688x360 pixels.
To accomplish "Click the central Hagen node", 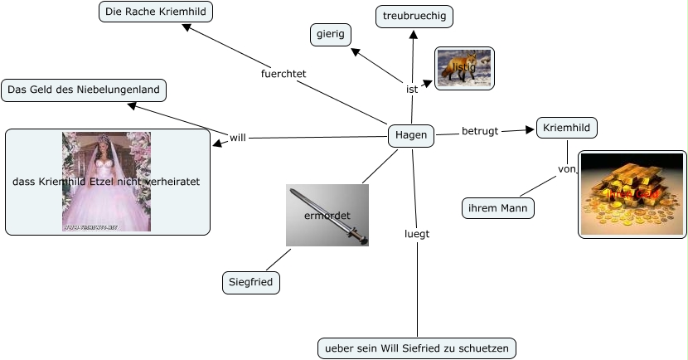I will (411, 135).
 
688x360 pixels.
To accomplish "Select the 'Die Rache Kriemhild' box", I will (156, 12).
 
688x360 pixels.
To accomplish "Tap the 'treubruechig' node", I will (414, 16).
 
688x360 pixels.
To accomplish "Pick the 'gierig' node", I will (330, 35).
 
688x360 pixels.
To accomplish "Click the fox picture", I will (464, 67).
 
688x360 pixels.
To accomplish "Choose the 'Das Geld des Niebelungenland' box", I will (84, 90).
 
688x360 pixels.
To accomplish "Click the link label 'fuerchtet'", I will (283, 73).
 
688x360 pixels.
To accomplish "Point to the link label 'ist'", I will (412, 89).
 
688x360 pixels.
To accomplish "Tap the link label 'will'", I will (238, 137).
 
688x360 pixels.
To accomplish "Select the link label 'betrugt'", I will (480, 131).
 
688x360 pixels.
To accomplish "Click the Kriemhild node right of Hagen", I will (567, 128).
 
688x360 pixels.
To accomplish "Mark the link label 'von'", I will (567, 168).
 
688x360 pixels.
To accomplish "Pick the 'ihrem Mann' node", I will (497, 207).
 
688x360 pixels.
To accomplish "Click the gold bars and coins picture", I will (632, 194).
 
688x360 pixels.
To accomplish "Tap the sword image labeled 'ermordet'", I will (327, 215).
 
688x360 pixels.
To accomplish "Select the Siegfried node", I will (251, 282).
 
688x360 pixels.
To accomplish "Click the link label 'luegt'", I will (416, 233).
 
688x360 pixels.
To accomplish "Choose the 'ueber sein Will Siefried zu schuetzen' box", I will (416, 348).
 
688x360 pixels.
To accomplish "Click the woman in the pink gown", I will (106, 181).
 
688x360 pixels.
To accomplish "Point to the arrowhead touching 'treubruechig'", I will (414, 34).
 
